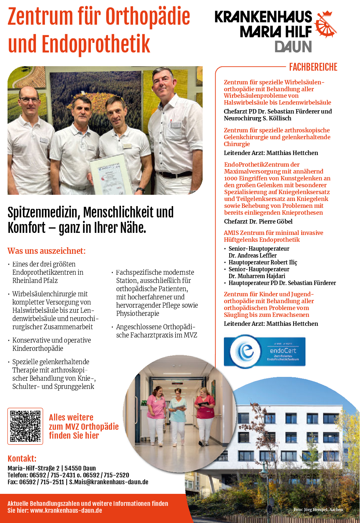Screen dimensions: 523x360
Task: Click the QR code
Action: (x=25, y=426)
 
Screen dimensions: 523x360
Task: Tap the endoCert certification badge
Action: (x=264, y=352)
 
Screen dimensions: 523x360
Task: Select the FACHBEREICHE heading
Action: (x=313, y=67)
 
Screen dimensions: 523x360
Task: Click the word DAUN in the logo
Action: (x=293, y=47)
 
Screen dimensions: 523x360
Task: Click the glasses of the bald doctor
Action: (x=29, y=100)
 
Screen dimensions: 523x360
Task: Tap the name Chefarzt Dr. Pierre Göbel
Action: (x=258, y=222)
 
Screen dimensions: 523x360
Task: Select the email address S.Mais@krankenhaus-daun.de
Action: (x=109, y=482)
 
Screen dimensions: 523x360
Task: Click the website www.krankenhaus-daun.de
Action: (x=66, y=510)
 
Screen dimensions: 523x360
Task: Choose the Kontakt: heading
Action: (x=22, y=459)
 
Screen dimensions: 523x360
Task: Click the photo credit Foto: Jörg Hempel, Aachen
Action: (x=318, y=510)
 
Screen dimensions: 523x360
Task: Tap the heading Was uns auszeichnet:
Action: (x=47, y=251)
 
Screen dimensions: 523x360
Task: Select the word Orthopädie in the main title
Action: (x=147, y=16)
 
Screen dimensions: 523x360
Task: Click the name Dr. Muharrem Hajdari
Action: (x=257, y=276)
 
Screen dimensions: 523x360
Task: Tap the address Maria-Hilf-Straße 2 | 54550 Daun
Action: (x=52, y=468)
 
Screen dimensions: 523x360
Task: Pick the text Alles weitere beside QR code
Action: (x=71, y=417)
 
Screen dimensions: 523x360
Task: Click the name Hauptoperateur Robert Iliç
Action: (x=263, y=262)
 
